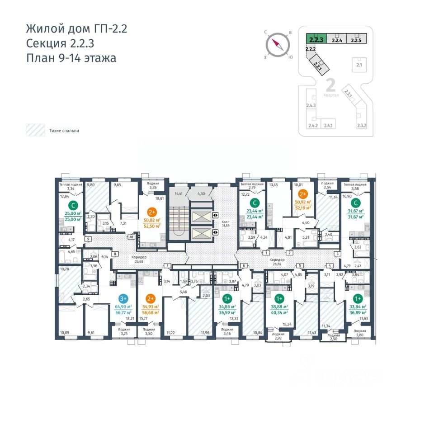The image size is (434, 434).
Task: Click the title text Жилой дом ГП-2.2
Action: point(76,29)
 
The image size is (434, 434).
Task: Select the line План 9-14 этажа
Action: point(71,58)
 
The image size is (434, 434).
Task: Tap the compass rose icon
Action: point(277,45)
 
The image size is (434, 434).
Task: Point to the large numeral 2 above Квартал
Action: point(330,85)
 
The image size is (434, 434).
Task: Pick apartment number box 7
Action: point(167,265)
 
